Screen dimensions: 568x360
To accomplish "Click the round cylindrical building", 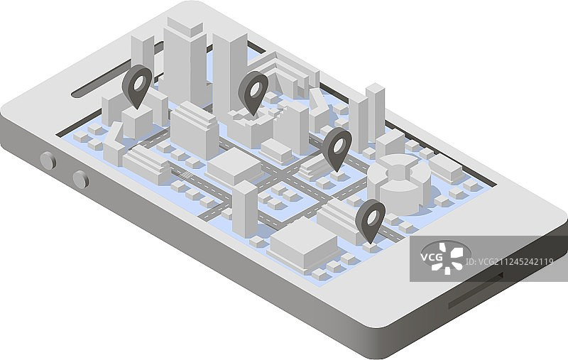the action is point(399,184).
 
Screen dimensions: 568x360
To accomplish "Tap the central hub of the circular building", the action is point(398,171).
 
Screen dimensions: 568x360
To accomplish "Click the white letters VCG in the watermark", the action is point(432,258).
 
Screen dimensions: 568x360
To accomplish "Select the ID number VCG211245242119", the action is point(509,261).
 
